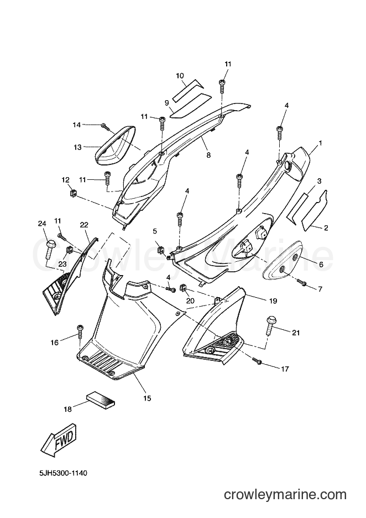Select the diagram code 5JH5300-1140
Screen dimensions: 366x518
point(62,474)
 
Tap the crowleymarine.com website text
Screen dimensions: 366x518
point(285,495)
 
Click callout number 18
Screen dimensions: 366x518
point(67,410)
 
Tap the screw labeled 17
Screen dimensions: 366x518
point(257,360)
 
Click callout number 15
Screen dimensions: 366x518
point(147,398)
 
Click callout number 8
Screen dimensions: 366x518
point(208,154)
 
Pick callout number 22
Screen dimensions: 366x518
point(84,225)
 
